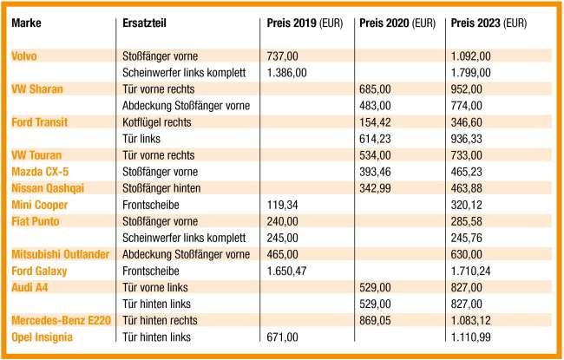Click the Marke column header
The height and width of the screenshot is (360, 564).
[x=26, y=23]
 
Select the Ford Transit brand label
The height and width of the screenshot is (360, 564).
[x=40, y=122]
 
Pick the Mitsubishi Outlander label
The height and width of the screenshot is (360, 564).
[x=59, y=254]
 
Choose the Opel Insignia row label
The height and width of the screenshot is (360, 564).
[x=43, y=337]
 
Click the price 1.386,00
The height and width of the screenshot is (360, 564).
[x=288, y=73]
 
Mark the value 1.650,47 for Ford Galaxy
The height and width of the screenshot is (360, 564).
[x=288, y=271]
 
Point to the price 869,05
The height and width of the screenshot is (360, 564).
[x=378, y=320]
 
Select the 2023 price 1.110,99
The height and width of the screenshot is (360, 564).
[x=471, y=337]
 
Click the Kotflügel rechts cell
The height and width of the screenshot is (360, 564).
[x=161, y=122]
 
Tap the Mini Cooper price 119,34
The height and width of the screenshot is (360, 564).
[x=284, y=205]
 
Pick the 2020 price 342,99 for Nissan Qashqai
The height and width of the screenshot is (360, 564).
[x=378, y=188]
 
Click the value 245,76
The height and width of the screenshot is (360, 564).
[x=468, y=238]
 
